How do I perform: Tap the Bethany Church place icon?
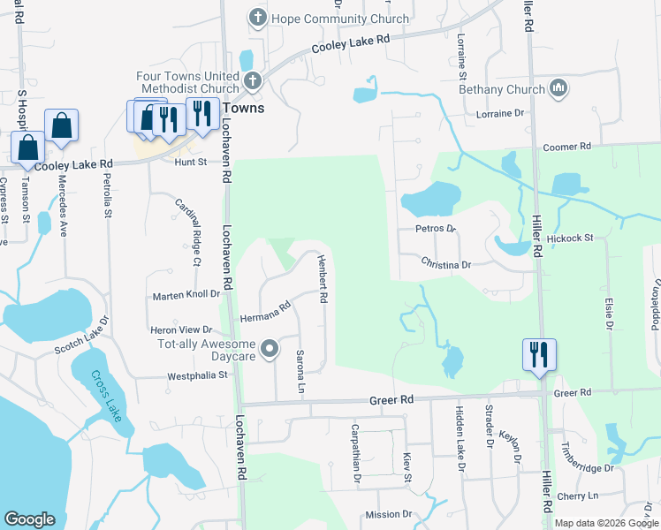pyautogui.click(x=558, y=88)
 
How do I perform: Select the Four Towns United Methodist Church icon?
pyautogui.click(x=253, y=82)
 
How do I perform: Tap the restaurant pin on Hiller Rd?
pyautogui.click(x=539, y=356)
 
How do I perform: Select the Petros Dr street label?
pyautogui.click(x=435, y=229)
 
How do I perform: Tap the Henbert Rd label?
pyautogui.click(x=323, y=280)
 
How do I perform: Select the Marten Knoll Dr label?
pyautogui.click(x=186, y=294)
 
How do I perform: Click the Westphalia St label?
pyautogui.click(x=198, y=376)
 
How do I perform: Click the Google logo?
pyautogui.click(x=29, y=519)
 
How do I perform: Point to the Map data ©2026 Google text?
pyautogui.click(x=606, y=523)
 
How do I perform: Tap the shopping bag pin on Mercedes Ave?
pyautogui.click(x=62, y=127)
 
